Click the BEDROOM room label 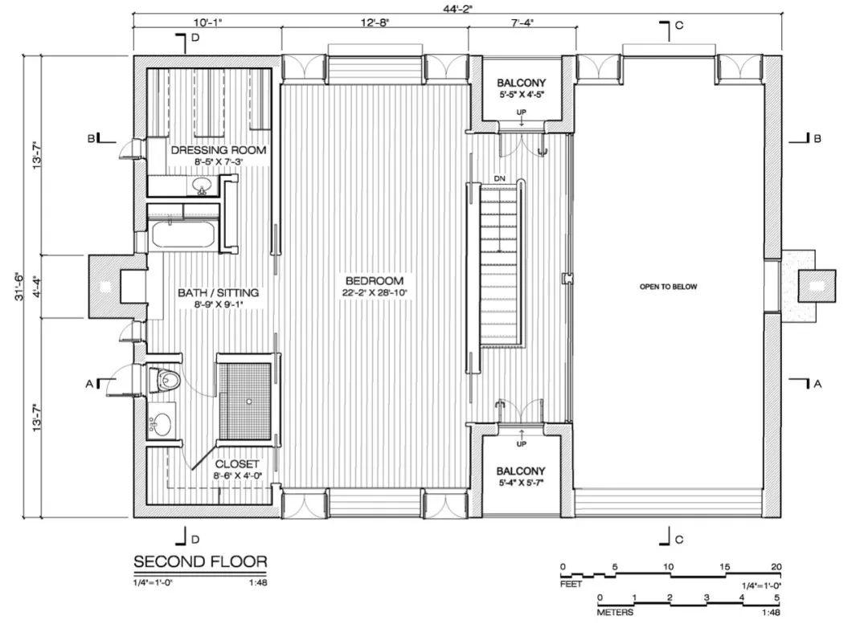pyautogui.click(x=375, y=281)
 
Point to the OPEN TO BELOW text pyautogui.click(x=668, y=287)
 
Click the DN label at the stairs pyautogui.click(x=500, y=178)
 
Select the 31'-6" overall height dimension pyautogui.click(x=20, y=286)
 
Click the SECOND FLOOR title pyautogui.click(x=200, y=562)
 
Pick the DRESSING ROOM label pyautogui.click(x=219, y=150)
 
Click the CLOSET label pyautogui.click(x=237, y=465)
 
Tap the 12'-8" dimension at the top pyautogui.click(x=375, y=22)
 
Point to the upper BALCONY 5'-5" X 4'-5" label pyautogui.click(x=521, y=88)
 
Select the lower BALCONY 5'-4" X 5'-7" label pyautogui.click(x=521, y=476)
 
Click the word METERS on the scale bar pyautogui.click(x=615, y=613)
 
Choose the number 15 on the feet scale pyautogui.click(x=725, y=567)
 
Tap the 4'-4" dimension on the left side pyautogui.click(x=36, y=286)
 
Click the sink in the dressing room pyautogui.click(x=203, y=186)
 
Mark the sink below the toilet pyautogui.click(x=162, y=424)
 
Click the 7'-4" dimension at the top pyautogui.click(x=522, y=22)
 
